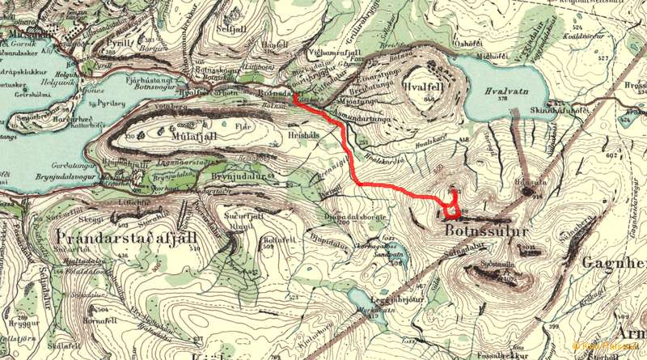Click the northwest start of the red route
(294, 96)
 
